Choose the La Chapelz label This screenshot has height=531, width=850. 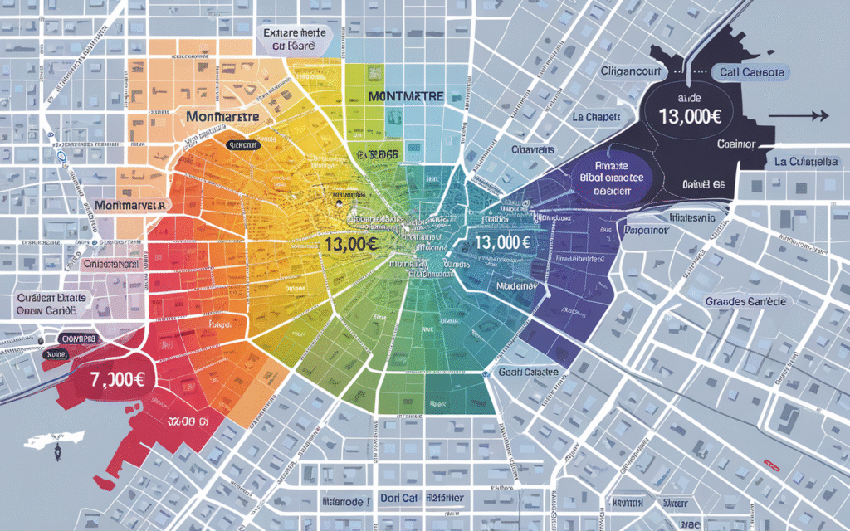tap(596, 117)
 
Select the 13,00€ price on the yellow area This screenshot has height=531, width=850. tap(353, 245)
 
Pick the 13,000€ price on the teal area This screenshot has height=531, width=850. tap(503, 243)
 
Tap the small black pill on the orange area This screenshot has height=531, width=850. tap(243, 144)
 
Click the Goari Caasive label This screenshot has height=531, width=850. tap(530, 371)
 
